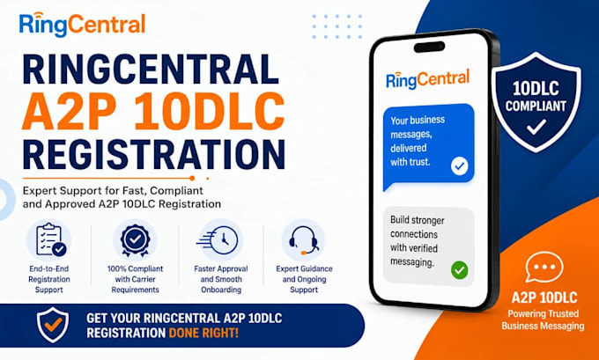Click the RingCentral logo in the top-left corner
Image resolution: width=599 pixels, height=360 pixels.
pyautogui.click(x=82, y=25)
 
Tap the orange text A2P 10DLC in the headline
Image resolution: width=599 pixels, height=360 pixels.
pyautogui.click(x=153, y=111)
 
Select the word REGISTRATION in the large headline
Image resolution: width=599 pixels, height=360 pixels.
pyautogui.click(x=153, y=154)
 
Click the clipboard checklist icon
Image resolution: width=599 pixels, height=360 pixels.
pyautogui.click(x=50, y=239)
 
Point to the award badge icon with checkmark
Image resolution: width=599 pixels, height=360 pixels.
pyautogui.click(x=135, y=239)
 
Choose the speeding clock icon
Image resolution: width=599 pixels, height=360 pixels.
pyautogui.click(x=218, y=240)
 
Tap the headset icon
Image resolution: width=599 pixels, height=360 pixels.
pyautogui.click(x=304, y=239)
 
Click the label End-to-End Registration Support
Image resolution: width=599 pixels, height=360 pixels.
pyautogui.click(x=49, y=279)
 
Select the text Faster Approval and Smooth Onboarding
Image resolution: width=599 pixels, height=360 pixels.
pyautogui.click(x=221, y=279)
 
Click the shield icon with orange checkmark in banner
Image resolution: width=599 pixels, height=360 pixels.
pyautogui.click(x=53, y=325)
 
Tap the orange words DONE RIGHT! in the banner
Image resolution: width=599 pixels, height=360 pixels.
pyautogui.click(x=203, y=333)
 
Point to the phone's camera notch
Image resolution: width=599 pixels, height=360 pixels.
pyautogui.click(x=429, y=47)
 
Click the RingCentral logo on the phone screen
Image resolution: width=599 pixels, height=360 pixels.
pyautogui.click(x=427, y=79)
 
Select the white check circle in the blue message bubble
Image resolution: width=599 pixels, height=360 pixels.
pyautogui.click(x=459, y=166)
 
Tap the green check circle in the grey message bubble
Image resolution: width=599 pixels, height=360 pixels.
pyautogui.click(x=459, y=270)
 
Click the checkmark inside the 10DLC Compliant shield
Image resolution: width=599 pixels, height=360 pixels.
pyautogui.click(x=536, y=127)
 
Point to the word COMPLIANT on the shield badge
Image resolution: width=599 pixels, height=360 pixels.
pyautogui.click(x=536, y=106)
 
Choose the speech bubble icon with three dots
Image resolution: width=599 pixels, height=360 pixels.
pyautogui.click(x=544, y=268)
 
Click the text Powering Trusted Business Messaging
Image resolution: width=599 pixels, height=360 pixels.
pyautogui.click(x=543, y=320)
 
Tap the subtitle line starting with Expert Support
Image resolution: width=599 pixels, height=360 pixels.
pyautogui.click(x=122, y=197)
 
